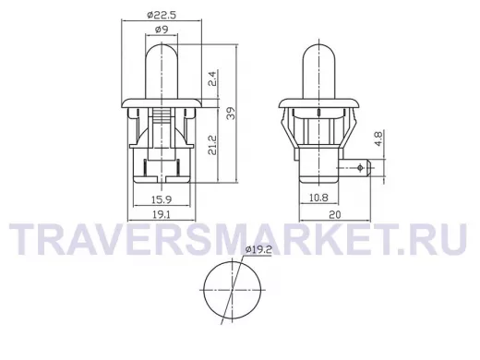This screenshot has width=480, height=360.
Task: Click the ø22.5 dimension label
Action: (x=162, y=15)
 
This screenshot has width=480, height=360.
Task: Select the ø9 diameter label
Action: (x=162, y=30)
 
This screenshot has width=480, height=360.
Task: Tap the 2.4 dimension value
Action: (x=214, y=78)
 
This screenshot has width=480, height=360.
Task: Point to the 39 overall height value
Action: (x=231, y=113)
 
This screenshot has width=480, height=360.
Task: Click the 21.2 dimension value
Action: (x=212, y=145)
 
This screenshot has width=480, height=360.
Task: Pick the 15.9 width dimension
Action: (x=162, y=199)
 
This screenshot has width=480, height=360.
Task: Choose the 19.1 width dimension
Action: (x=162, y=215)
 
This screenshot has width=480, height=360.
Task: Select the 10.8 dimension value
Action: (x=318, y=198)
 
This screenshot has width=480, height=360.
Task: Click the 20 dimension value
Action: (x=335, y=214)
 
